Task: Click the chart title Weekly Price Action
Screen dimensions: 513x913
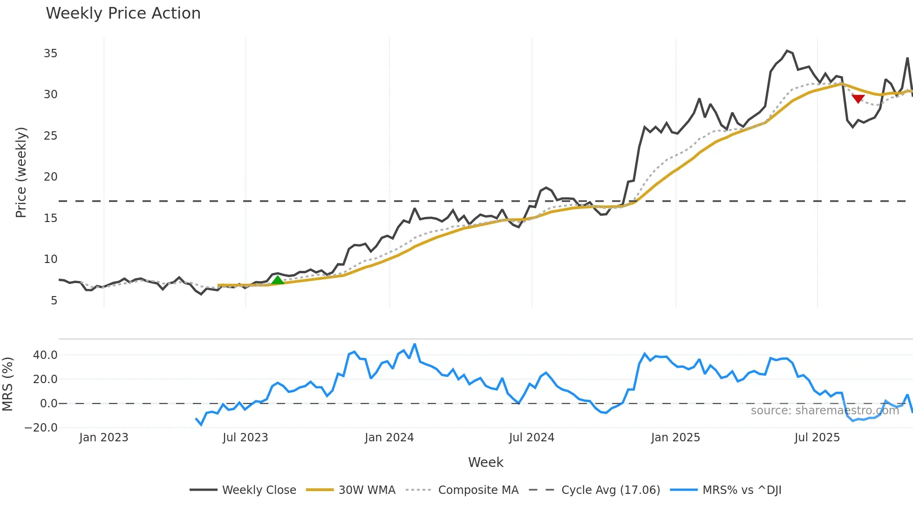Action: coord(123,13)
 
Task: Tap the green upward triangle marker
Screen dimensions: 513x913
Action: coord(278,280)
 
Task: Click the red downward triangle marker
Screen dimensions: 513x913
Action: coord(858,99)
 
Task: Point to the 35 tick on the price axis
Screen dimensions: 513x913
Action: coord(50,54)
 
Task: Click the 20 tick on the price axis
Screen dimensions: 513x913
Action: coord(50,177)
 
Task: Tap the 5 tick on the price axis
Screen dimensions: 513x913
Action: coord(54,301)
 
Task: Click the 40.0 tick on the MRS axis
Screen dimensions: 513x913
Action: coord(45,355)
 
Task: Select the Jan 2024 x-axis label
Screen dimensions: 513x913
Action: coord(389,438)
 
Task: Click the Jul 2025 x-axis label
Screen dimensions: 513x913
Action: coord(817,438)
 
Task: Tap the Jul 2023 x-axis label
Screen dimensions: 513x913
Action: coord(245,438)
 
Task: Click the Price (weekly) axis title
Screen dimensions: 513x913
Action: coord(21,172)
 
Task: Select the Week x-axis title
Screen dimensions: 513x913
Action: coord(485,462)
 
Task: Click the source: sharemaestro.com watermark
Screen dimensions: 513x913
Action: coord(824,411)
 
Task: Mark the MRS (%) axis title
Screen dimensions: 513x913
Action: coord(7,384)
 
